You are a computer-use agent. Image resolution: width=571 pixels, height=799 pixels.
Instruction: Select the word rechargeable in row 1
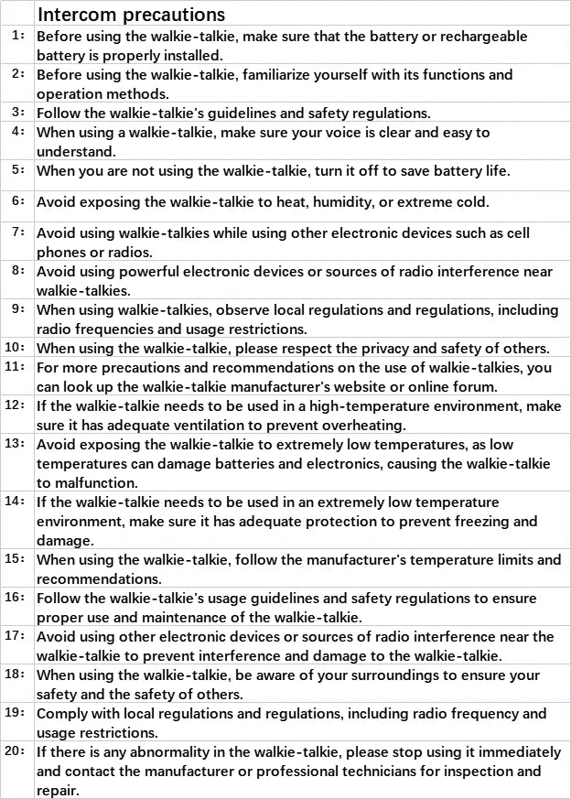click(x=494, y=37)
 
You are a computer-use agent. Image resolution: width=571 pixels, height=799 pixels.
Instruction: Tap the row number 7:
click(x=18, y=232)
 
